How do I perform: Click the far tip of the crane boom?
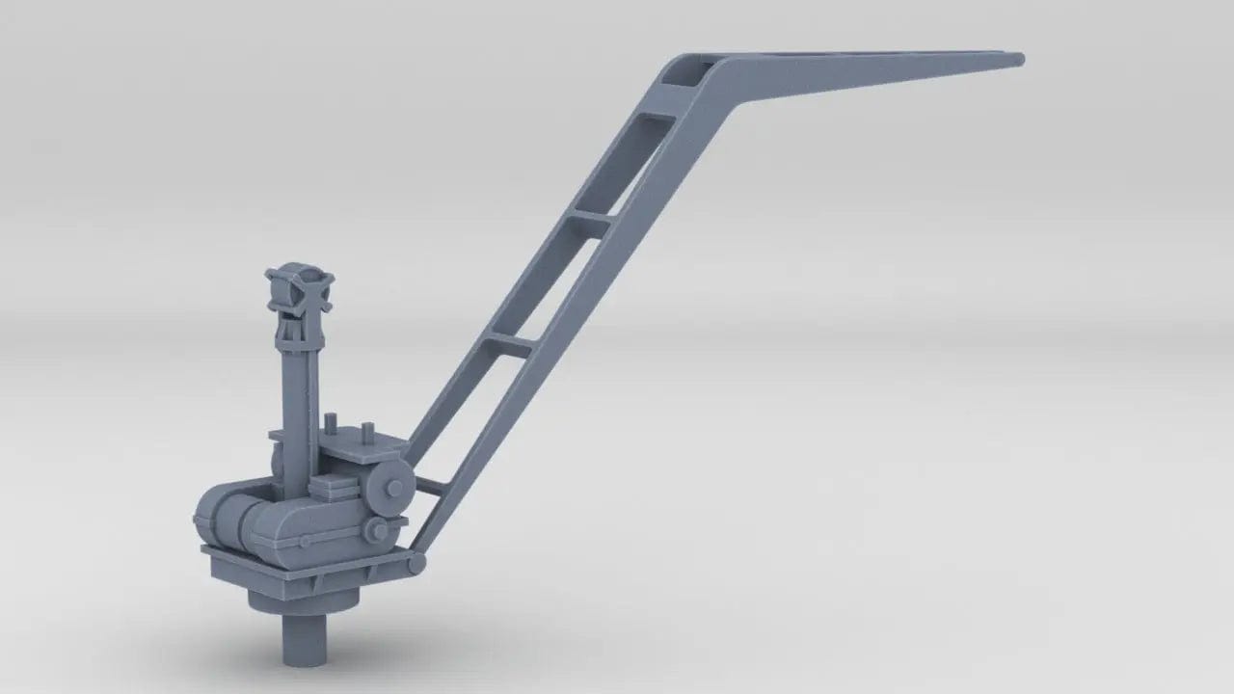pos(1017,60)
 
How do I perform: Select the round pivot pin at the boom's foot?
pos(416,562)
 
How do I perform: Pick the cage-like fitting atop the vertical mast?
pos(300,288)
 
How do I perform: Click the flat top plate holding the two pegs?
pos(362,449)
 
